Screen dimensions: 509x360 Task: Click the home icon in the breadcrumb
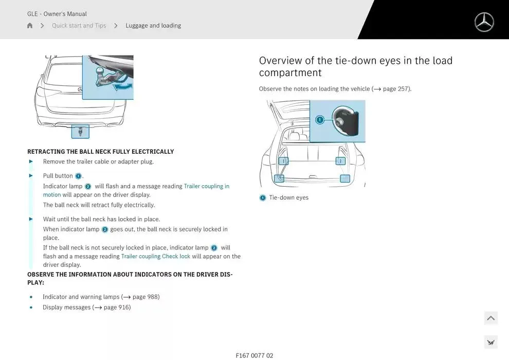pos(30,25)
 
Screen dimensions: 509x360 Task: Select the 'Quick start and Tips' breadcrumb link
pos(79,26)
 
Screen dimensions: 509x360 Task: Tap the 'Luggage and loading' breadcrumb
pos(153,26)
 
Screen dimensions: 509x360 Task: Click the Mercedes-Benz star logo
pos(484,22)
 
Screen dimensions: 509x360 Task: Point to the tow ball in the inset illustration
pos(99,70)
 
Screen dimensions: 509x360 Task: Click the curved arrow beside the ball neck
pos(123,86)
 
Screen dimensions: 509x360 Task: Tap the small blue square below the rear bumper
pos(80,132)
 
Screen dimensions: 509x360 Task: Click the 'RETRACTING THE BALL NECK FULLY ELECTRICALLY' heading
pos(101,152)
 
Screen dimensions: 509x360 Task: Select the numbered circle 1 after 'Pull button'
pos(78,176)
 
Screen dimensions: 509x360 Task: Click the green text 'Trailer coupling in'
pos(207,186)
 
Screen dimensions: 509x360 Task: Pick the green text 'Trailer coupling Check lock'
pos(155,256)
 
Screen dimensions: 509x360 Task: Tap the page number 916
pos(123,307)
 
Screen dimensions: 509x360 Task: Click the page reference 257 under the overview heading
pos(403,89)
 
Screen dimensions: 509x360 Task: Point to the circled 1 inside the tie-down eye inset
pos(320,120)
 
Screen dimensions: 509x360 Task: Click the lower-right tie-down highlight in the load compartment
pos(345,178)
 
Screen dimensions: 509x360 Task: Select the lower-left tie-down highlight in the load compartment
pos(279,178)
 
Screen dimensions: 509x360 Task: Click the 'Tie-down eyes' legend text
pos(289,197)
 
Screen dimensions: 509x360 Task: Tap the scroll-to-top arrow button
pos(491,318)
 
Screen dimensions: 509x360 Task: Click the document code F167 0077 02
pos(254,356)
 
